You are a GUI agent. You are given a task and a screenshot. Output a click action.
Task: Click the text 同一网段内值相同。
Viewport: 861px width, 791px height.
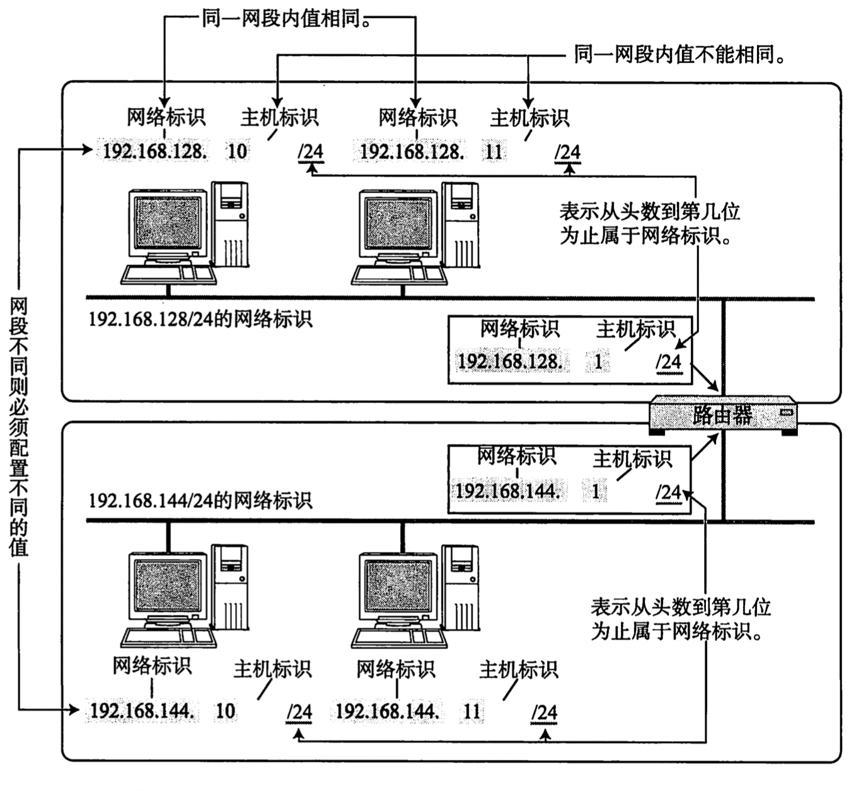[x=287, y=20]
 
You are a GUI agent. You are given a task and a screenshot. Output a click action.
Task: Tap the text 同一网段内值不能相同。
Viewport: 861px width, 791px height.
[x=680, y=55]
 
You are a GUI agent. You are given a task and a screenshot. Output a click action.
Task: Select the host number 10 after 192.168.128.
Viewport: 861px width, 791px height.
[x=238, y=151]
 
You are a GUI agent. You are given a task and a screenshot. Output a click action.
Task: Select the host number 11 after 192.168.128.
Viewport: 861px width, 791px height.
[x=494, y=151]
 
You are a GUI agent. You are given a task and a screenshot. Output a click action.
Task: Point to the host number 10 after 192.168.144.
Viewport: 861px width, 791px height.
[x=226, y=711]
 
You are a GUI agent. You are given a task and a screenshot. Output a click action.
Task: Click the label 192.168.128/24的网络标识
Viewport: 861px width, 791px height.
[x=200, y=319]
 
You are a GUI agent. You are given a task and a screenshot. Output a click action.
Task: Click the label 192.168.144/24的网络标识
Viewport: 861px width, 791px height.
[x=200, y=501]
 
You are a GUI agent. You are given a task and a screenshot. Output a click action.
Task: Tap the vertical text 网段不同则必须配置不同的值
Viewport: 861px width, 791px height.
[x=19, y=427]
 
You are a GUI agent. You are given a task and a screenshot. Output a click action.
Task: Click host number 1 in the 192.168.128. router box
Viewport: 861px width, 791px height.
[x=598, y=362]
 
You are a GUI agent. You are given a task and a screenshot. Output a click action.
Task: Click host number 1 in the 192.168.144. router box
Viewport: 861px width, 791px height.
[x=595, y=491]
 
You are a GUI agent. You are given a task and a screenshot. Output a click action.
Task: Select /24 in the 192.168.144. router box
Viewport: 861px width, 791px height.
[x=669, y=493]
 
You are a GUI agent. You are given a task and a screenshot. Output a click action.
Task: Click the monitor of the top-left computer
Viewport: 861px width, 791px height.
[x=168, y=224]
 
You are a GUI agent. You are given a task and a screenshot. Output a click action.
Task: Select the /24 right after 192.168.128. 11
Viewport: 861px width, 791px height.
[x=568, y=153]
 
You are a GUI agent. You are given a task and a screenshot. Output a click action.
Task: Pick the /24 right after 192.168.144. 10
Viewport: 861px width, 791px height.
[x=299, y=713]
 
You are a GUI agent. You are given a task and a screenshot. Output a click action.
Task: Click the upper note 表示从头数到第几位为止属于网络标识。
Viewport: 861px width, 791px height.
[x=650, y=223]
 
